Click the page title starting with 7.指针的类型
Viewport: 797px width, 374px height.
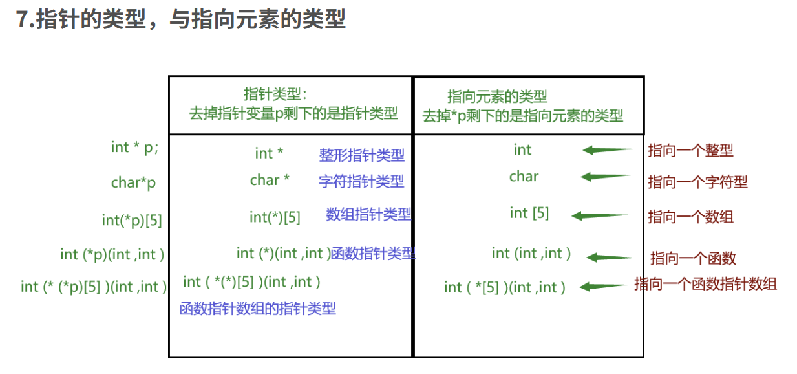(x=181, y=20)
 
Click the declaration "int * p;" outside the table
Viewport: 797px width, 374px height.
(x=134, y=148)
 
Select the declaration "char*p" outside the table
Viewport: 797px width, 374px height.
(x=133, y=183)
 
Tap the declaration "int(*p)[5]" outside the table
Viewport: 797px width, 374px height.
(x=132, y=220)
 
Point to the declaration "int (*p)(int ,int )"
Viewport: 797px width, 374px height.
(x=112, y=254)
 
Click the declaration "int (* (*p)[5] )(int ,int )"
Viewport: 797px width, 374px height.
(x=94, y=287)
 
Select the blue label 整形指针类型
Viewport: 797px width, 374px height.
(x=361, y=155)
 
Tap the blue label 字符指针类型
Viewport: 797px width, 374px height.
(x=361, y=182)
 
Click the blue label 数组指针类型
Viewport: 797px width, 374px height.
(x=368, y=215)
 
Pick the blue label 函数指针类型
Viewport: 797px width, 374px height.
(x=373, y=254)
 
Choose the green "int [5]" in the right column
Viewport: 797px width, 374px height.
(x=529, y=213)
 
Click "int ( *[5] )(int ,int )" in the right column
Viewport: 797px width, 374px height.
(x=505, y=287)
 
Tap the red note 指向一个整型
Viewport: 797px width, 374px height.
(x=690, y=151)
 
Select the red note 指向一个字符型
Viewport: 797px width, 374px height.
(x=697, y=182)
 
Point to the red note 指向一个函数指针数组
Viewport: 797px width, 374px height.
(x=705, y=283)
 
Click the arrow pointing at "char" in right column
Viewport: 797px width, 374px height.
(x=605, y=177)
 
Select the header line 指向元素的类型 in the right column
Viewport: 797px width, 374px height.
(x=497, y=97)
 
